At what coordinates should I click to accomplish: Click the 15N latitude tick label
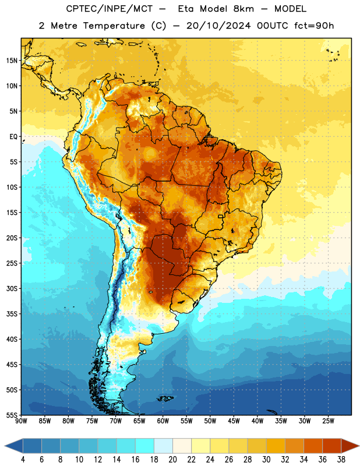pos(12,61)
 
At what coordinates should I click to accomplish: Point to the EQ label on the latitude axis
pos(13,137)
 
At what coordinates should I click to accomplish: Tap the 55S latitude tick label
pos(12,415)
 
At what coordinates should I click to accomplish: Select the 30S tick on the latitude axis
pos(12,288)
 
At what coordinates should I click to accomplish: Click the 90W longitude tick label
pos(22,421)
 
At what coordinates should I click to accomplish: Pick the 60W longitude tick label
pos(163,421)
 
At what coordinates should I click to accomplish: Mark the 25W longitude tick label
pos(328,421)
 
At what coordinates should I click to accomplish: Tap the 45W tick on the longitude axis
pos(234,421)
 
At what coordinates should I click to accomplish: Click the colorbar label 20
pos(172,460)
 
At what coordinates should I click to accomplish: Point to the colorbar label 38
pos(341,460)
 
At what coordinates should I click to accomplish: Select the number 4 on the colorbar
pos(23,460)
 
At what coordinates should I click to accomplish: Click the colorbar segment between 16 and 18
pos(144,446)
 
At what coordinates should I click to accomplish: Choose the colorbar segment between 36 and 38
pos(332,446)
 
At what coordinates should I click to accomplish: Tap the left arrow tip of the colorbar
pos(5,446)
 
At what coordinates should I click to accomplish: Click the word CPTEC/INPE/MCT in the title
pos(109,9)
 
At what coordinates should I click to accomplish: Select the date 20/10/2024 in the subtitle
pos(218,26)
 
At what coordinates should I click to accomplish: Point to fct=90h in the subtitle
pos(314,26)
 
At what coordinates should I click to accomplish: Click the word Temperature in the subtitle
pos(114,26)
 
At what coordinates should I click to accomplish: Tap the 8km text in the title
pos(243,9)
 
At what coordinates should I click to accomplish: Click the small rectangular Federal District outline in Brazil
pos(221,217)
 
